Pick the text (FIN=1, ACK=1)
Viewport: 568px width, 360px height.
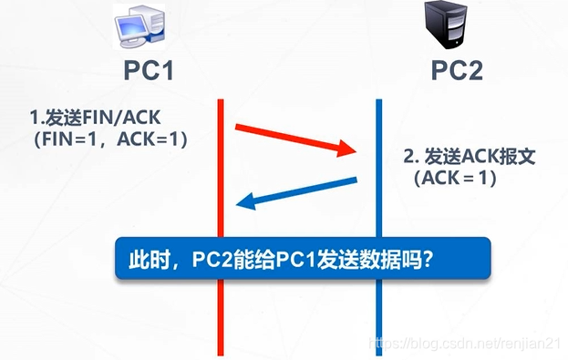click(113, 139)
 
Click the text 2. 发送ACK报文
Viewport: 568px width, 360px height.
click(470, 156)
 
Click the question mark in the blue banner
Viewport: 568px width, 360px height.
click(427, 260)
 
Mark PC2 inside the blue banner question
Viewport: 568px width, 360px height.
click(213, 260)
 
